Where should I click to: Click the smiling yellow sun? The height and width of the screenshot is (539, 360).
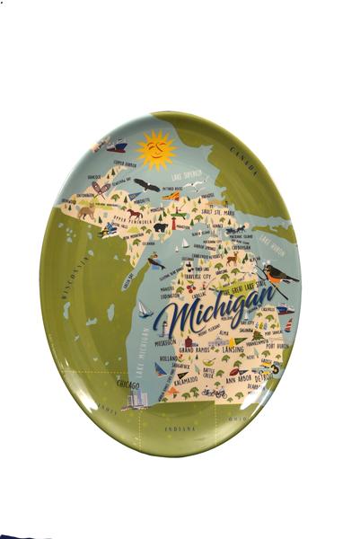[156, 150]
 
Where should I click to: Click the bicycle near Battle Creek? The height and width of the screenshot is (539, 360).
[214, 393]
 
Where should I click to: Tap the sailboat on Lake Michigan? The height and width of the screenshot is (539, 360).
[144, 309]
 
